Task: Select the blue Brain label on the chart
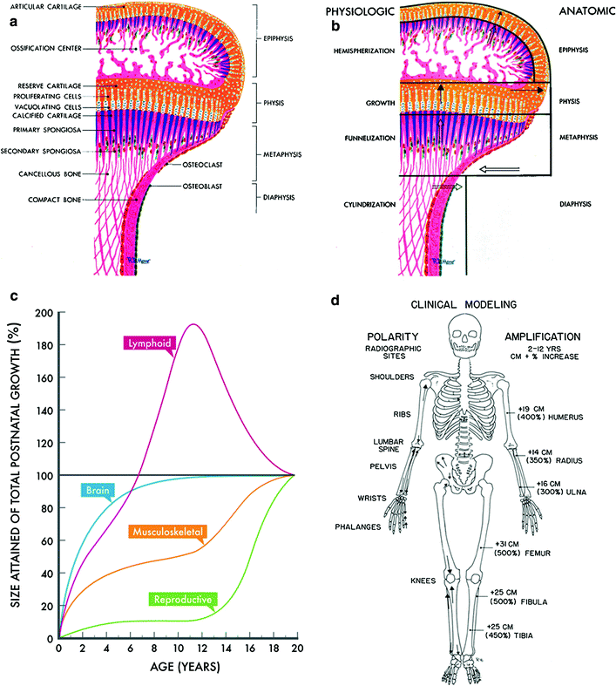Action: [x=96, y=490]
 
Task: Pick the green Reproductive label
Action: [x=183, y=599]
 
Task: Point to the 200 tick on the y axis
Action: [x=41, y=312]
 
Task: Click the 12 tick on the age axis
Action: [x=200, y=649]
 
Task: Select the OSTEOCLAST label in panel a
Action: [x=206, y=163]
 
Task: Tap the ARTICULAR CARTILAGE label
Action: [x=46, y=5]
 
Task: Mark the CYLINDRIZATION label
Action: [x=352, y=204]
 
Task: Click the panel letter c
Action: [x=13, y=296]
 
